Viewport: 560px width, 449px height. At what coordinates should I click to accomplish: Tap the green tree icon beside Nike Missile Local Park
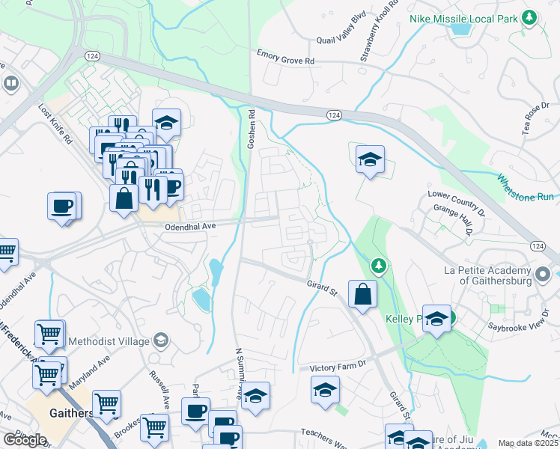click(x=530, y=16)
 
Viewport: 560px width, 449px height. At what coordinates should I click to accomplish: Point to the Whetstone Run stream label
click(x=526, y=187)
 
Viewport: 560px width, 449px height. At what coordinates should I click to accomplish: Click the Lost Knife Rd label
click(x=55, y=123)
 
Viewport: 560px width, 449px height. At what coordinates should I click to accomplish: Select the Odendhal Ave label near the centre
click(x=191, y=225)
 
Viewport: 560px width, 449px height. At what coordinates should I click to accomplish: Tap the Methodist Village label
click(x=109, y=342)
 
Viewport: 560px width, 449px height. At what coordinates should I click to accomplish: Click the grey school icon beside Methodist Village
click(x=159, y=341)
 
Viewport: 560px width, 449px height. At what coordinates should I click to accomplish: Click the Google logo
click(x=24, y=440)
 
